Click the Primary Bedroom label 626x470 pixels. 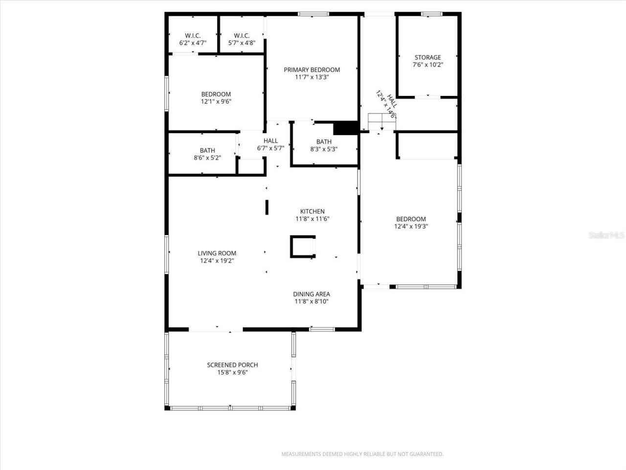tap(312, 70)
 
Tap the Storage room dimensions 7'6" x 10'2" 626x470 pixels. tap(427, 65)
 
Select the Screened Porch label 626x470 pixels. tap(232, 365)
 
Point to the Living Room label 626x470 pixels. tap(217, 253)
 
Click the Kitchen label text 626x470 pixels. tap(312, 211)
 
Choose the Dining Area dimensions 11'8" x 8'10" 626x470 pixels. tap(312, 302)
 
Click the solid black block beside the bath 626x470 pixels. tap(346, 128)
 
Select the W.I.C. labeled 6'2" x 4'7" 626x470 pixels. tap(193, 39)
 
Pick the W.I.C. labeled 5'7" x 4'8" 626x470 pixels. tap(242, 39)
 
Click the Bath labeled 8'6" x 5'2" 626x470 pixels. tap(207, 154)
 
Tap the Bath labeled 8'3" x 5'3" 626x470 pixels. tap(324, 145)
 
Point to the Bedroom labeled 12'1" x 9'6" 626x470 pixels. tap(216, 98)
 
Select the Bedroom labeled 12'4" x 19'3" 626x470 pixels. tap(410, 223)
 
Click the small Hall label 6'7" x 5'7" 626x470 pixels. tap(270, 144)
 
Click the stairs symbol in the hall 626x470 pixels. tap(381, 121)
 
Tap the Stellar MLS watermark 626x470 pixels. tap(606, 235)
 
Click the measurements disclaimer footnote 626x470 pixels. tap(362, 454)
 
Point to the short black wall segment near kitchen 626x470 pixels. tap(267, 207)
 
